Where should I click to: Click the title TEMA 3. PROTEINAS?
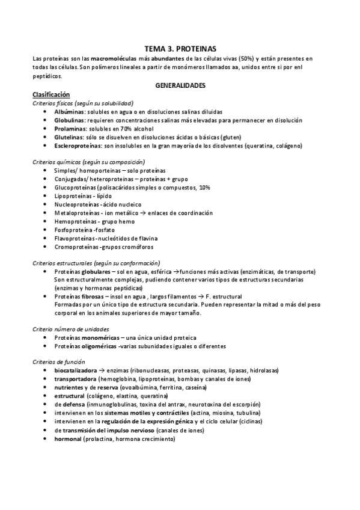click(x=180, y=48)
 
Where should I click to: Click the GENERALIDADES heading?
click(x=180, y=85)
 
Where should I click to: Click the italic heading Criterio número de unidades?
click(x=70, y=329)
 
